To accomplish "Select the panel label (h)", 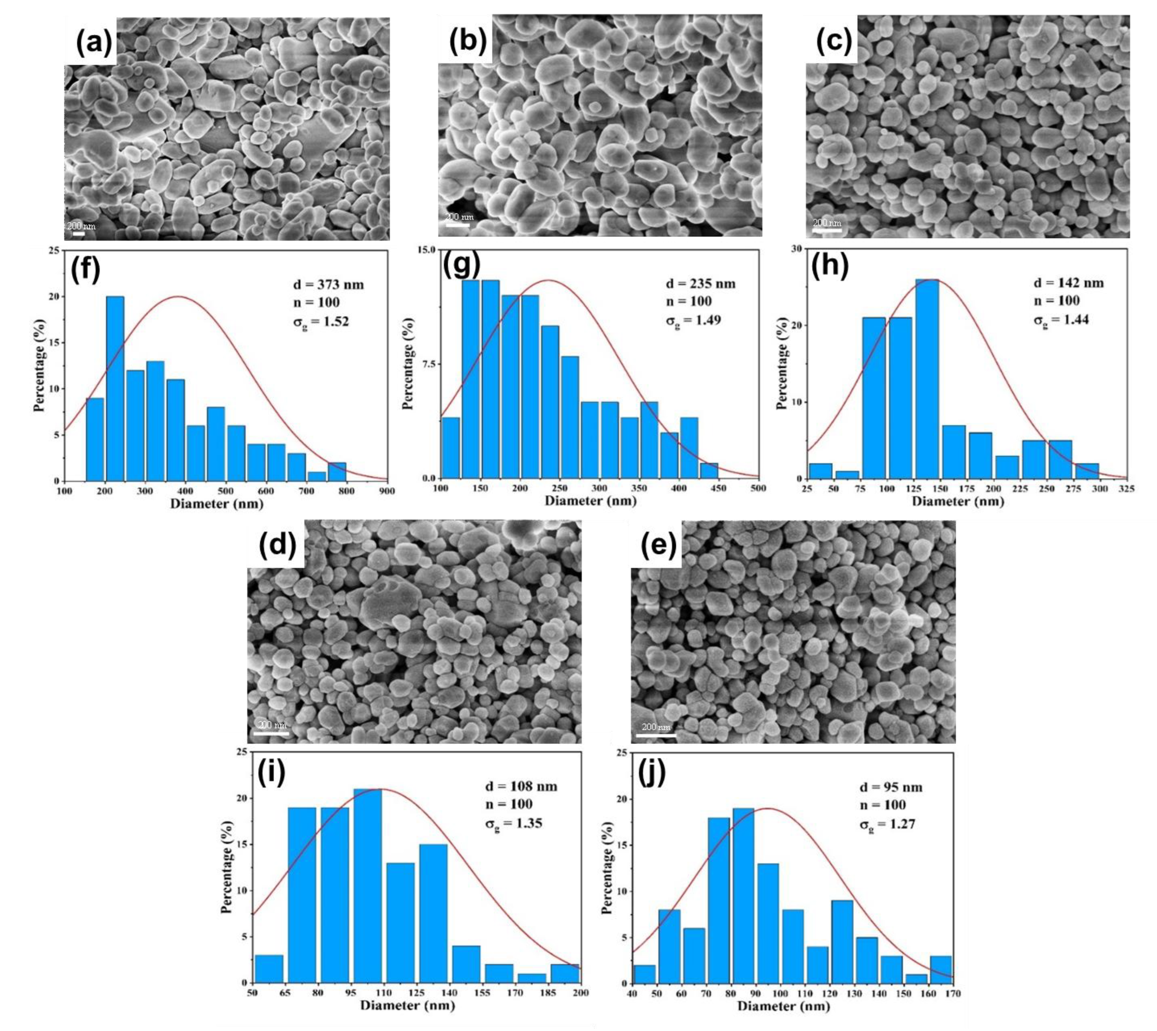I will (x=830, y=266).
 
